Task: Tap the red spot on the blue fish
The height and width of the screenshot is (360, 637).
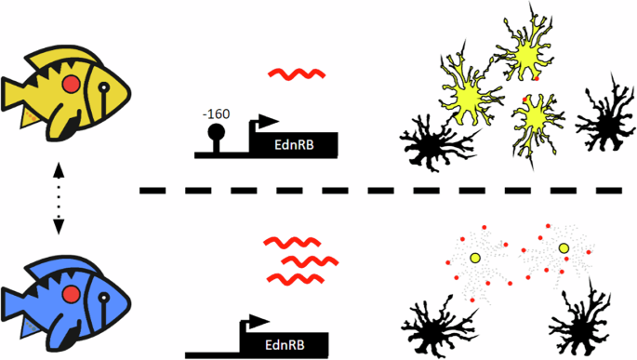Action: (70, 295)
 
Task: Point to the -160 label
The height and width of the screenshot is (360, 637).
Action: (216, 114)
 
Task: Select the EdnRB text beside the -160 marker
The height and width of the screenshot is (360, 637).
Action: (296, 146)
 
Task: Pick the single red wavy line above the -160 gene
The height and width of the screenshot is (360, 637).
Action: (295, 73)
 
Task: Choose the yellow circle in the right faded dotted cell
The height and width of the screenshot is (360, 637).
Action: (563, 248)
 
